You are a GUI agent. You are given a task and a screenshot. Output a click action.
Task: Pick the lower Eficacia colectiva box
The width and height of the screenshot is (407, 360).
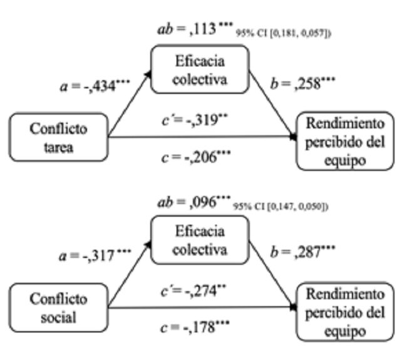(x=200, y=239)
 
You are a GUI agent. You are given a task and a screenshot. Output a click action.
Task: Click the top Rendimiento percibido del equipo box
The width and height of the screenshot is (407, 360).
(x=346, y=141)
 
